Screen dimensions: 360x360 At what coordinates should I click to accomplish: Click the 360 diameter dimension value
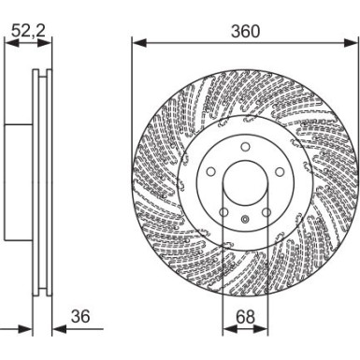pyautogui.click(x=245, y=31)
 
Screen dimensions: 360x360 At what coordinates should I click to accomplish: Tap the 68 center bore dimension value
pyautogui.click(x=245, y=318)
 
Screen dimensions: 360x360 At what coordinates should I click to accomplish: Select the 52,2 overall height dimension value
pyautogui.click(x=26, y=31)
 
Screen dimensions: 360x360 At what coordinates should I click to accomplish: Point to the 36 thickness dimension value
pyautogui.click(x=80, y=318)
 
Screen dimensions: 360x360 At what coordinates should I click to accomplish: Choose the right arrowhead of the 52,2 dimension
pyautogui.click(x=47, y=42)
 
